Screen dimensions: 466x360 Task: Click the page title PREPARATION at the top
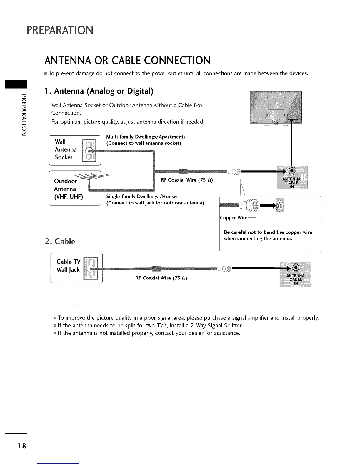coord(60,30)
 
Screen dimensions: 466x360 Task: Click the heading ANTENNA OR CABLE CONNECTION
coord(127,60)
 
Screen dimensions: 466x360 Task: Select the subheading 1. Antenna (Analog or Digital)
coord(99,91)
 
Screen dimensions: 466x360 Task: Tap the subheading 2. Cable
coord(60,241)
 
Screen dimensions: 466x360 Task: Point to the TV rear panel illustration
coord(275,108)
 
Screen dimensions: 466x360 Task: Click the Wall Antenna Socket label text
coord(66,149)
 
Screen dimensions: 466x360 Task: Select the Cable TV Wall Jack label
coord(68,266)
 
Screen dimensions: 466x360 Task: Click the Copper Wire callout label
coord(234,218)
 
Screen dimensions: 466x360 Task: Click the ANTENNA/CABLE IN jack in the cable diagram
coord(296,267)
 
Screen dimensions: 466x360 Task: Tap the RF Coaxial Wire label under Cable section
coord(161,278)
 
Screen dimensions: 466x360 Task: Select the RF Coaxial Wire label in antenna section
coord(187,180)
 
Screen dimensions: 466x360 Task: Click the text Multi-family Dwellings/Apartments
coord(146,137)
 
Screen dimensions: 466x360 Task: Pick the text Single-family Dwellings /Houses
coord(142,197)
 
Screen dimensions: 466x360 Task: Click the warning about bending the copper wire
coord(268,235)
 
